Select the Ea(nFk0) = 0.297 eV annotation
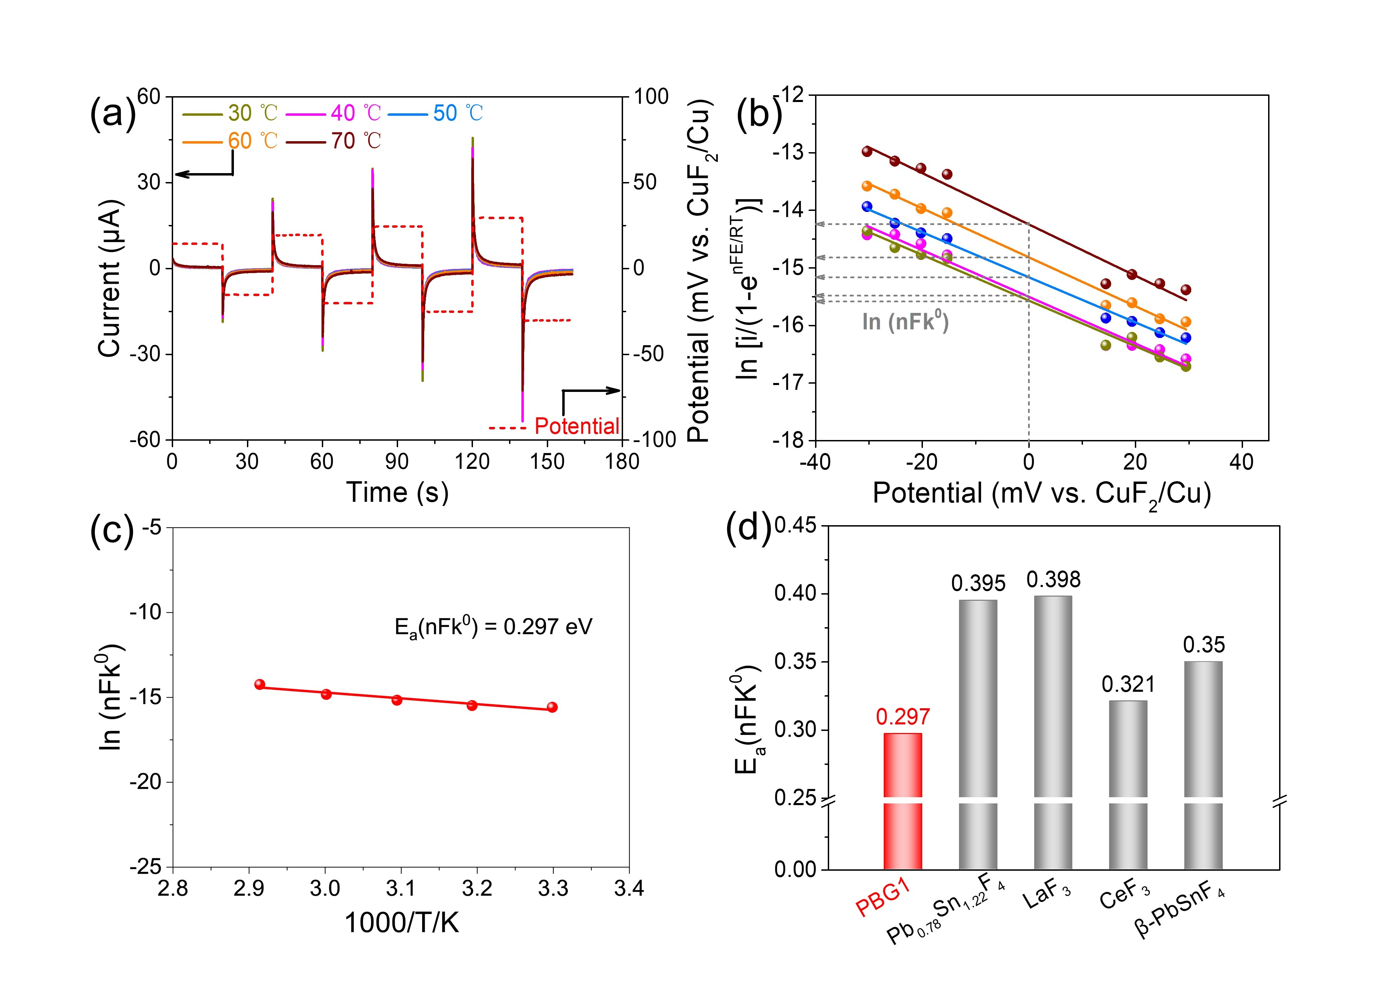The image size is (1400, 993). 493,627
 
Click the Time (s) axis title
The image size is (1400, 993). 397,492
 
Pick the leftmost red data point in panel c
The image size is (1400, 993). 259,684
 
